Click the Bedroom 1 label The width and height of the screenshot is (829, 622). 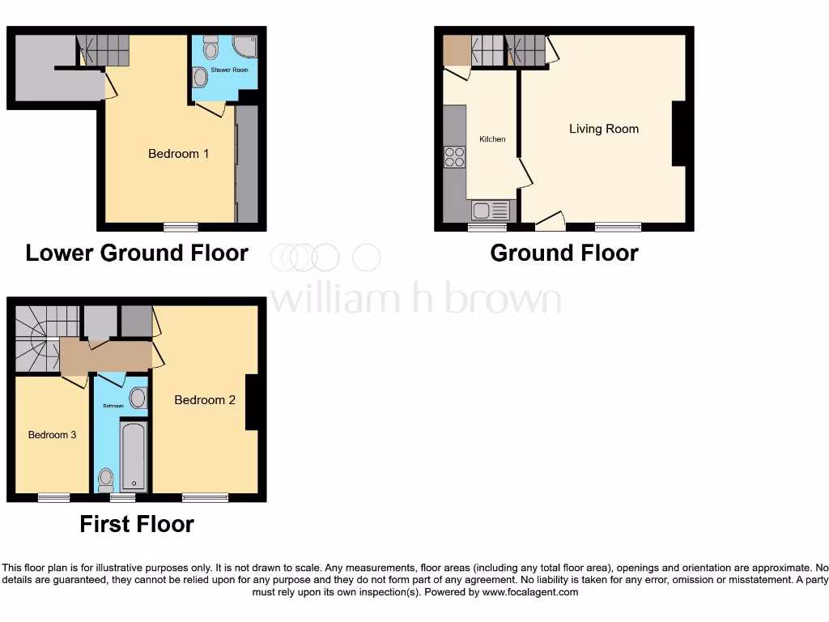click(179, 153)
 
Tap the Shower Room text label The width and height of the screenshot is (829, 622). click(229, 70)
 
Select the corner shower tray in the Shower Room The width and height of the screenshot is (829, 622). click(244, 48)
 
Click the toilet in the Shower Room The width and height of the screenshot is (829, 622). click(211, 49)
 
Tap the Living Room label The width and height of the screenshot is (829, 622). click(603, 129)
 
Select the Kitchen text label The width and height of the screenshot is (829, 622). click(492, 139)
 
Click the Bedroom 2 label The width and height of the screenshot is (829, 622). click(205, 399)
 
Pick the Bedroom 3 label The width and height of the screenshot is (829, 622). click(52, 435)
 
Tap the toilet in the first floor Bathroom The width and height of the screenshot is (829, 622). click(105, 479)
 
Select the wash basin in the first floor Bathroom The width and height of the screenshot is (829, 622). click(138, 398)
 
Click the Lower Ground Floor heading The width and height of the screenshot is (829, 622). click(137, 253)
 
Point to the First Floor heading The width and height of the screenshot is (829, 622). click(137, 524)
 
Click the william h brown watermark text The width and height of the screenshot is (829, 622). click(414, 299)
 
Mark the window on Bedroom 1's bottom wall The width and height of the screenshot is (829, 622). click(181, 227)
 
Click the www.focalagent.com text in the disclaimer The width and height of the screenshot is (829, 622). click(530, 592)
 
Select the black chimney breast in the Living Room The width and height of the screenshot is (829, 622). click(679, 134)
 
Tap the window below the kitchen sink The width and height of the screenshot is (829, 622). click(484, 227)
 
